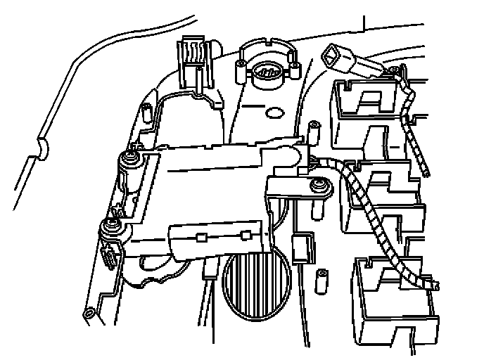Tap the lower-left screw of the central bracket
(111, 225)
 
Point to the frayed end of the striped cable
(433, 283)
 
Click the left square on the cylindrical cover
(199, 236)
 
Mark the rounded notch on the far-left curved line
(43, 148)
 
